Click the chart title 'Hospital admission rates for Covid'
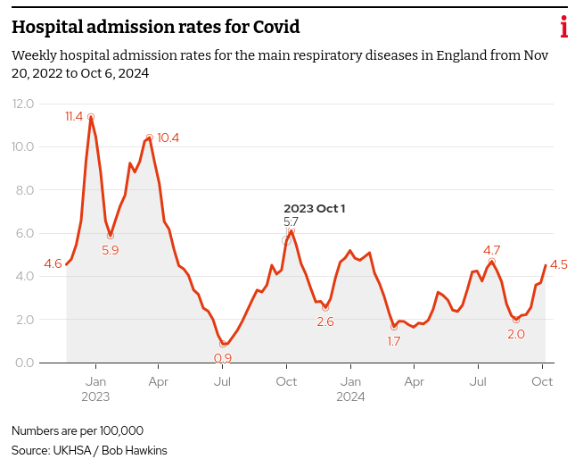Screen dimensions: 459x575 pyautogui.click(x=155, y=28)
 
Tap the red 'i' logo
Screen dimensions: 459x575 pyautogui.click(x=563, y=28)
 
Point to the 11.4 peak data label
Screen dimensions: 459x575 pyautogui.click(x=74, y=116)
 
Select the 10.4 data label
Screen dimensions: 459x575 pyautogui.click(x=168, y=138)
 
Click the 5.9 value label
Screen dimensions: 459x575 pyautogui.click(x=111, y=250)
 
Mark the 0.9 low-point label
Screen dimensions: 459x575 pyautogui.click(x=223, y=358)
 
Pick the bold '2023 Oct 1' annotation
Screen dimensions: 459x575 pyautogui.click(x=314, y=208)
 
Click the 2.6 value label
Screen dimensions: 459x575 pyautogui.click(x=324, y=321)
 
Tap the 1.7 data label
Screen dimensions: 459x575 pyautogui.click(x=393, y=341)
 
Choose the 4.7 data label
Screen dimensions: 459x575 pyautogui.click(x=491, y=250)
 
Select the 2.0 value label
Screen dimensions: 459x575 pyautogui.click(x=515, y=334)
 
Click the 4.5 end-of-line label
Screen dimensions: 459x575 pyautogui.click(x=559, y=264)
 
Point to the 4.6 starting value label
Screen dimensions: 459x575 pyautogui.click(x=53, y=263)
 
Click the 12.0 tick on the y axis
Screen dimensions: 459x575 pyautogui.click(x=23, y=104)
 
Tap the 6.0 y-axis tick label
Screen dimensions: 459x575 pyautogui.click(x=23, y=233)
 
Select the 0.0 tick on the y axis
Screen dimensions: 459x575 pyautogui.click(x=23, y=363)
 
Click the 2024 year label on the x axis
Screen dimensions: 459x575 pyautogui.click(x=350, y=396)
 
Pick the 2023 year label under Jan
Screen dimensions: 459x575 pyautogui.click(x=95, y=396)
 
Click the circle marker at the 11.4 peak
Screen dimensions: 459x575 pyautogui.click(x=91, y=117)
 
